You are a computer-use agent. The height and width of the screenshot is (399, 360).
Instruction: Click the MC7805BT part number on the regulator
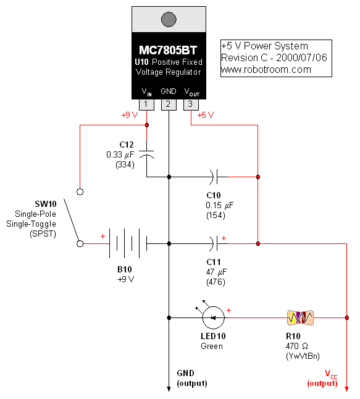[168, 50]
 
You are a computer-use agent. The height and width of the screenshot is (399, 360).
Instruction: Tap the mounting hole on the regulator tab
[168, 19]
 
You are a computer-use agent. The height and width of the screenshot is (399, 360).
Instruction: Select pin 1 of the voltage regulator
[146, 104]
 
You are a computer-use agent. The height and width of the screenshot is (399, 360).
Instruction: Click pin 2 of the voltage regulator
[168, 104]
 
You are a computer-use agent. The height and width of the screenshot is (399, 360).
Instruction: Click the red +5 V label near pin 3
[206, 115]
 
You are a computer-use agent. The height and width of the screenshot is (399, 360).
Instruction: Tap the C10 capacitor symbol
[213, 177]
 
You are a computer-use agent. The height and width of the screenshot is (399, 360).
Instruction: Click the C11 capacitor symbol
[213, 243]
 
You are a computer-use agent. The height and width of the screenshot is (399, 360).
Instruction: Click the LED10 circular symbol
[213, 318]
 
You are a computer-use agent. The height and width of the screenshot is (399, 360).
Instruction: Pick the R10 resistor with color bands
[301, 318]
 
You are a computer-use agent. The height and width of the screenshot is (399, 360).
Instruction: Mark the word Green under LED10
[212, 346]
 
